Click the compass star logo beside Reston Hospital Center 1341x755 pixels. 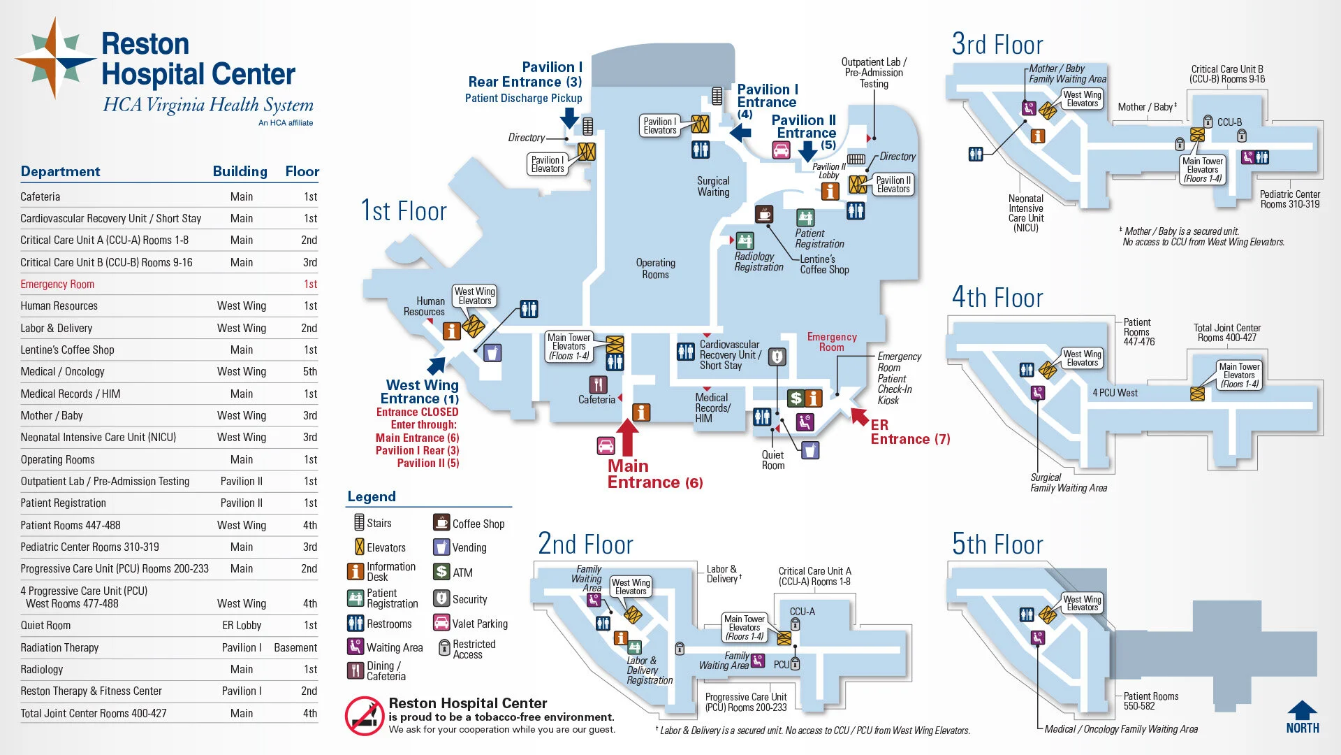(x=54, y=59)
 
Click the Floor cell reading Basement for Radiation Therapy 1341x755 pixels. (x=295, y=648)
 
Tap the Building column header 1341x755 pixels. (x=240, y=172)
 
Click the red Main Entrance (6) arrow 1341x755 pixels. (x=627, y=437)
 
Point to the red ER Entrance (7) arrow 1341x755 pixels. (x=859, y=416)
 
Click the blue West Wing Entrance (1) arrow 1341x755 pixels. (x=437, y=365)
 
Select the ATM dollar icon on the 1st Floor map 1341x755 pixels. (x=796, y=398)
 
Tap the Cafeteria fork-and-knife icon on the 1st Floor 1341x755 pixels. (x=598, y=384)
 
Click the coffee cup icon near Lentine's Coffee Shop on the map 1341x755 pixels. (x=764, y=213)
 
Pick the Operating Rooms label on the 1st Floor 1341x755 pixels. (x=655, y=268)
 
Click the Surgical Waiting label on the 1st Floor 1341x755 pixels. (x=713, y=187)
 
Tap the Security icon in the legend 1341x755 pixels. (x=441, y=598)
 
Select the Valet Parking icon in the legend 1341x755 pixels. (x=441, y=623)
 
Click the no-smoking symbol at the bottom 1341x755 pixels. (x=364, y=716)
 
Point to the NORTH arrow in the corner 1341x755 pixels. (x=1302, y=717)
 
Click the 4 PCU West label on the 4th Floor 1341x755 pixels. (x=1115, y=393)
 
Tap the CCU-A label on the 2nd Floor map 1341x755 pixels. (x=802, y=612)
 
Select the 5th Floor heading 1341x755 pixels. (x=997, y=545)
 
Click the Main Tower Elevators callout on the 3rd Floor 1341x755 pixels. (x=1202, y=170)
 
